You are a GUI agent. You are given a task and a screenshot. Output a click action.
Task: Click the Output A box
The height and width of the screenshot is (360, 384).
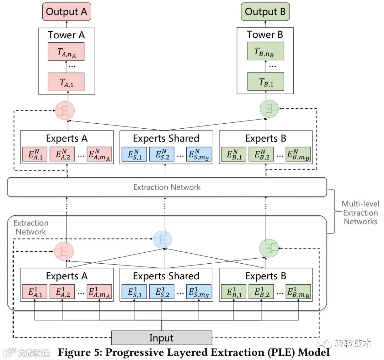(66, 12)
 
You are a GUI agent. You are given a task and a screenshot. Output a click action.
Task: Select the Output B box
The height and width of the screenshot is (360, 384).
(265, 12)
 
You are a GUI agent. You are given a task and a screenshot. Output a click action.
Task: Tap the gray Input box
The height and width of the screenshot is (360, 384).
(161, 338)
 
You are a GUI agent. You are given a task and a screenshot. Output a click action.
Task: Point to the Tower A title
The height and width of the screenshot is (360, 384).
(66, 35)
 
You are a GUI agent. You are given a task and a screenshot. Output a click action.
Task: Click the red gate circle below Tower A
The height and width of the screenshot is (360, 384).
(65, 111)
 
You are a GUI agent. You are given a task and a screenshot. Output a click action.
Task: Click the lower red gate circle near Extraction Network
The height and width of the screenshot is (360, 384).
(64, 251)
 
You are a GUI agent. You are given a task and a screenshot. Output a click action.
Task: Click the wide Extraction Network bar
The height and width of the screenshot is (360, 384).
(167, 187)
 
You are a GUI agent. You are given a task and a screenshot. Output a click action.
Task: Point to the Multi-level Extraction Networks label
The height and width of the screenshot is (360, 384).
(360, 213)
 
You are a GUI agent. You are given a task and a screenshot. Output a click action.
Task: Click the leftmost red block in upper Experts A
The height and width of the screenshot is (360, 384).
(34, 154)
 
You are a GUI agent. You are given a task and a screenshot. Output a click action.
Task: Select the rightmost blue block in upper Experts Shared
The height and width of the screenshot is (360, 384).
(198, 154)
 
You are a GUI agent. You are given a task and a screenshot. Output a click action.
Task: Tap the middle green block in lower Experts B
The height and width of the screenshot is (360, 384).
(261, 292)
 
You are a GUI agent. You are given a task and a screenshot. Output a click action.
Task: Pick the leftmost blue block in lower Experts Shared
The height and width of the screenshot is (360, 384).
(134, 292)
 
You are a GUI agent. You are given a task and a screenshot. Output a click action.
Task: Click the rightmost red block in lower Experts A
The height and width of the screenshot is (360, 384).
(99, 292)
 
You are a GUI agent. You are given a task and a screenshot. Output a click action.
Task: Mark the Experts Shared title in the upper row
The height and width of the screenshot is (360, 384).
(166, 138)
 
